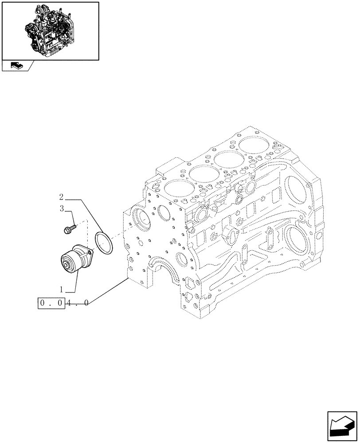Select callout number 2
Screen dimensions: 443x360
[x=62, y=197]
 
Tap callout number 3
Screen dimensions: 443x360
[x=62, y=208]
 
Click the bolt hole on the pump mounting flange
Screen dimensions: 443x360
[x=90, y=253]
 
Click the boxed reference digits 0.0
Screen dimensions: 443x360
[x=52, y=303]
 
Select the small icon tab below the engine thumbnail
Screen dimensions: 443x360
[x=17, y=66]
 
